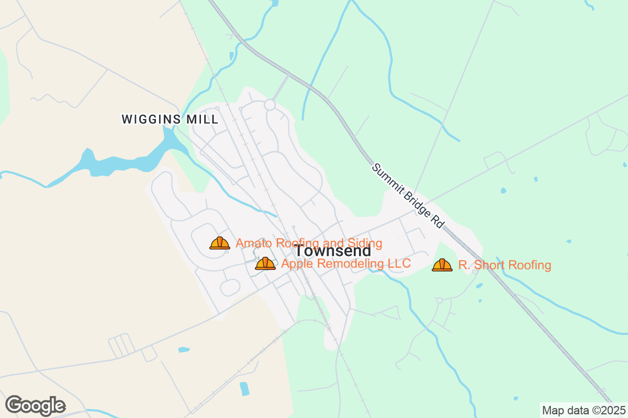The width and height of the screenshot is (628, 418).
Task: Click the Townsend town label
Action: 333,251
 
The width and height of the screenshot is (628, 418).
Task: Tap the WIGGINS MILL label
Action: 170,119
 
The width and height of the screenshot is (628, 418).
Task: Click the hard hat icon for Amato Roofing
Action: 220,243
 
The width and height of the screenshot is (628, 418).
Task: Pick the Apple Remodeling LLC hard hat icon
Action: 265,263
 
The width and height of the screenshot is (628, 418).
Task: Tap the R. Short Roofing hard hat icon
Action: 442,265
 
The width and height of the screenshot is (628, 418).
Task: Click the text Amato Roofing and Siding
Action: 309,243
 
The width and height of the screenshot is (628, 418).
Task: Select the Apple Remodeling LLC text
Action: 345,263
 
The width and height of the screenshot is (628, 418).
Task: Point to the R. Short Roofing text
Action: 504,265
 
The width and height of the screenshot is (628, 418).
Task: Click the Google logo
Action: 36,405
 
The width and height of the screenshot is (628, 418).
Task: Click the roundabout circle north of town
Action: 270,105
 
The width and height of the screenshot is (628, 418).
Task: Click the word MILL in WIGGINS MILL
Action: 203,119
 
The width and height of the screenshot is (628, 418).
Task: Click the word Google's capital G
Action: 15,405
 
